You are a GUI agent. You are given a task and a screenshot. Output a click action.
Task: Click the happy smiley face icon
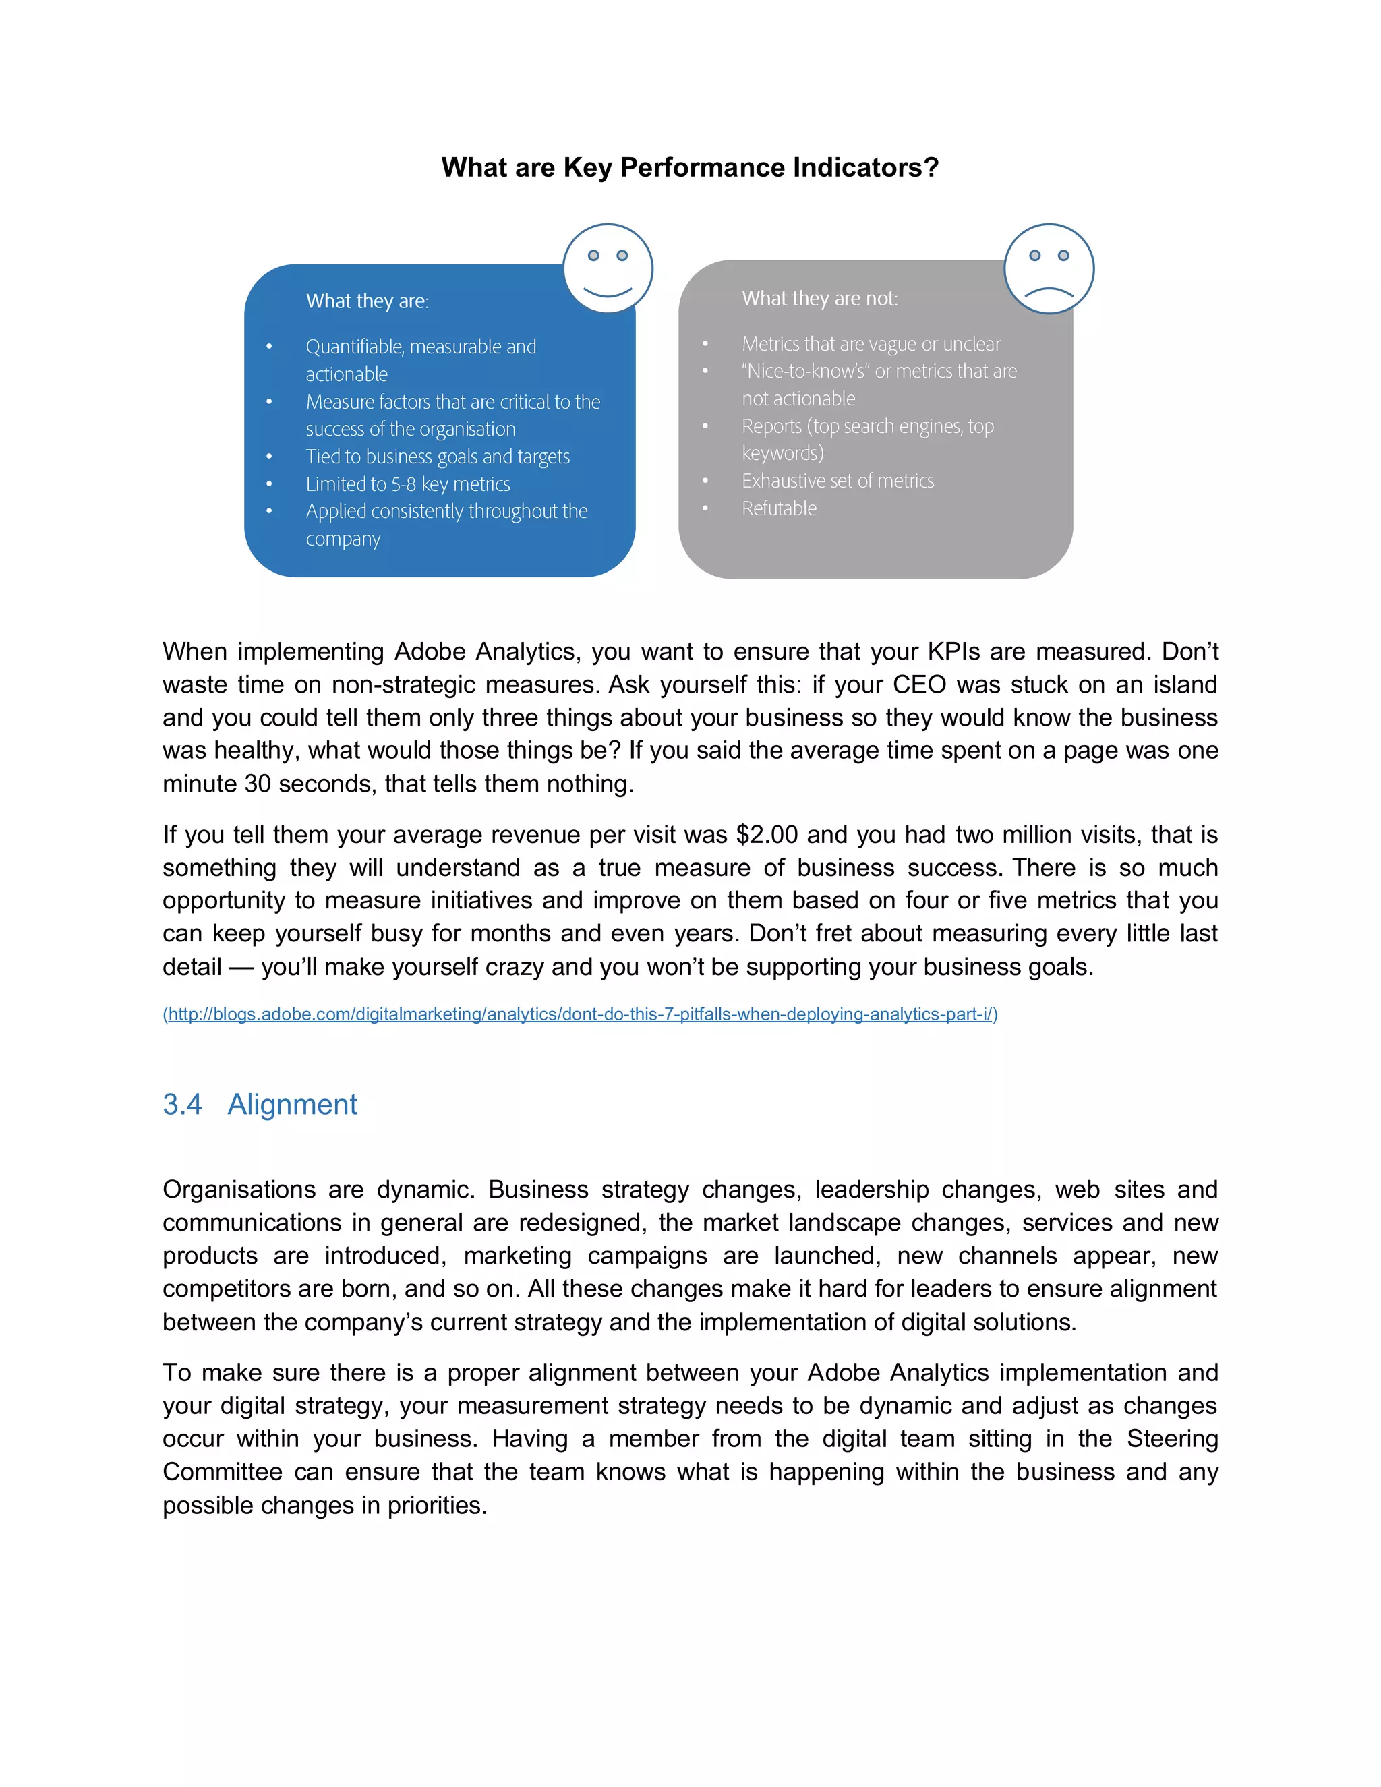coord(607,268)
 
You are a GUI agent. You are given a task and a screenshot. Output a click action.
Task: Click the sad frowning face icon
coord(1048,268)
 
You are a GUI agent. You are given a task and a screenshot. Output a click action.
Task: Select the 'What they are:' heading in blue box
coord(368,301)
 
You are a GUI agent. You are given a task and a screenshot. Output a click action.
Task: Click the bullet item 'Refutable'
coord(779,508)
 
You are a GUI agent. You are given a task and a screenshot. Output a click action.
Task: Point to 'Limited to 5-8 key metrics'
coord(407,484)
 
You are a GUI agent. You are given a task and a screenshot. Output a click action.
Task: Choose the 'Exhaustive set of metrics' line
coord(837,480)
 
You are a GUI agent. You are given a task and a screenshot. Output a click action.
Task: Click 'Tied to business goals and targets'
coord(438,457)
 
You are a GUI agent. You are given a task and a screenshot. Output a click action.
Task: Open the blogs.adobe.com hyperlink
coord(580,1014)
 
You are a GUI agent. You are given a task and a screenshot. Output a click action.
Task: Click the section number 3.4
coord(181,1105)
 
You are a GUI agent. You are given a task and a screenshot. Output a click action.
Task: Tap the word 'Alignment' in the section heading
coord(292,1105)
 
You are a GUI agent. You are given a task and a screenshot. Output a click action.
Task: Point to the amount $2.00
coord(767,835)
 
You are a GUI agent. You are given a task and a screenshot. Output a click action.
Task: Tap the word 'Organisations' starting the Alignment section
coord(239,1189)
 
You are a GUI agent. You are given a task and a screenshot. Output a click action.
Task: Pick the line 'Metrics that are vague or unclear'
coord(871,344)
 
